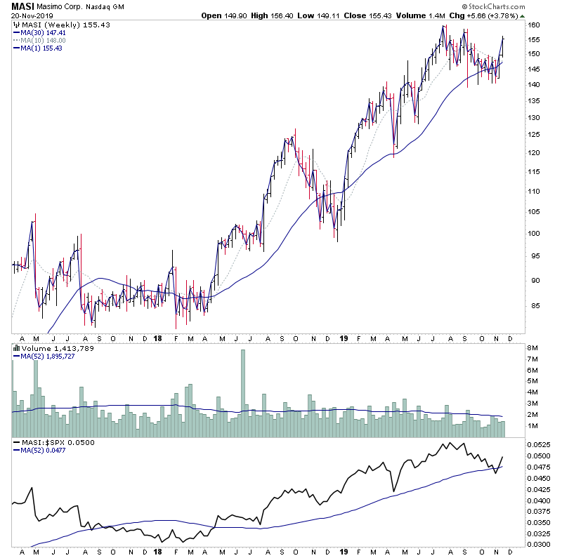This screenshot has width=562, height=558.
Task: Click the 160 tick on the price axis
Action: (535, 25)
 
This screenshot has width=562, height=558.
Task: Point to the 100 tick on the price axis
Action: (535, 234)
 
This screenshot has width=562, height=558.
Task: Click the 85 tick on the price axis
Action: (534, 305)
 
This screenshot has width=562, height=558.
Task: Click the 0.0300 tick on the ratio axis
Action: (540, 544)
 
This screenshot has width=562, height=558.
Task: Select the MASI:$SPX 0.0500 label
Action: (47, 443)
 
